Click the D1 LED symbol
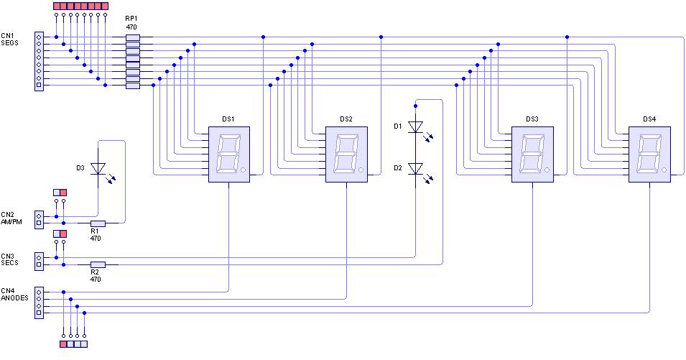(415, 127)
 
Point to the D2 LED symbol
(415, 168)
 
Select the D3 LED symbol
(98, 168)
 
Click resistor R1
(98, 223)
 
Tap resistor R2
(98, 264)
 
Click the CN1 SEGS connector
(39, 61)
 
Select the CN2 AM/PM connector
(39, 219)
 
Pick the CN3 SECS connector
(39, 260)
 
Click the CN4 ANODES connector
(39, 302)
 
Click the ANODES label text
(14, 297)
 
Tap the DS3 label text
(532, 119)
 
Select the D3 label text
(80, 168)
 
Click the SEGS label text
(9, 42)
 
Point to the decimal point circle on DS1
(244, 171)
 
